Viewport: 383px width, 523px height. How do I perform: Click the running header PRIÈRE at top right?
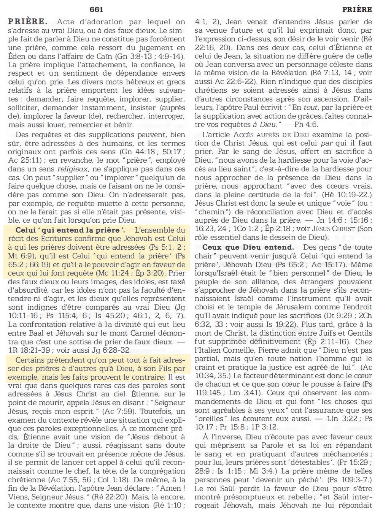click(357, 10)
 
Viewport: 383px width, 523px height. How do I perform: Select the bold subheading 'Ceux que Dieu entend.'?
click(248, 247)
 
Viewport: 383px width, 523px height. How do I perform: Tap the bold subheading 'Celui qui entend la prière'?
click(70, 230)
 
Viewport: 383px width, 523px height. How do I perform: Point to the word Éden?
click(16, 56)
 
